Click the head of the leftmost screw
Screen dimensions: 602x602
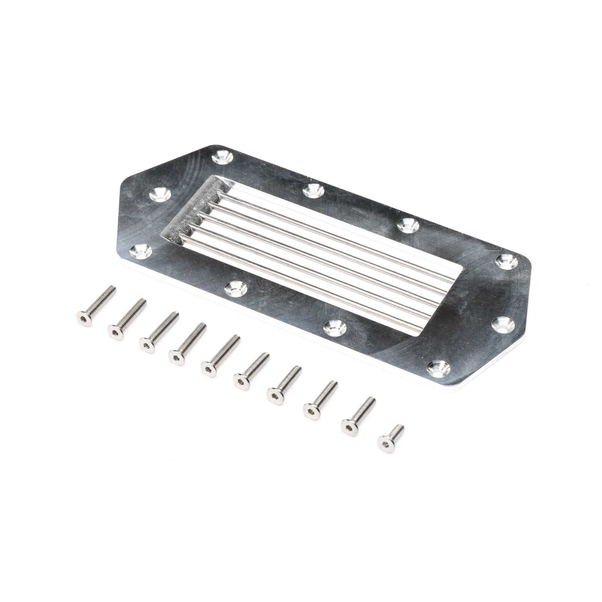point(84,318)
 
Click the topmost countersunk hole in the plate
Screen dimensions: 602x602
point(222,157)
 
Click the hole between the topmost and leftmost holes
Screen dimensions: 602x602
point(160,195)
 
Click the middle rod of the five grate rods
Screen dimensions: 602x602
point(320,260)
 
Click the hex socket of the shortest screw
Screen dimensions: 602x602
point(386,445)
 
